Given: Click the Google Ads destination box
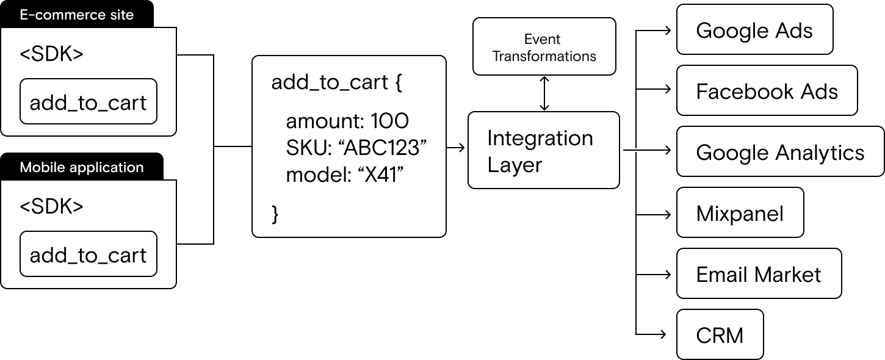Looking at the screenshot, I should click(754, 30).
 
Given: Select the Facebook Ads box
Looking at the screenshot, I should click(767, 91).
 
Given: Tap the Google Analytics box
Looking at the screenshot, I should click(780, 152).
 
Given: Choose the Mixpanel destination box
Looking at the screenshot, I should click(740, 213).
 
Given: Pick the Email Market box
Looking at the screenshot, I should click(759, 274).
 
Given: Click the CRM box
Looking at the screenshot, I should click(720, 335).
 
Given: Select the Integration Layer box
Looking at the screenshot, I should click(543, 150).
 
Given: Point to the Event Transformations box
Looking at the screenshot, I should click(544, 47).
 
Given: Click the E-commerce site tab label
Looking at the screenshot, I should click(77, 15).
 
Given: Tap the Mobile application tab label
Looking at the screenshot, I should click(82, 167).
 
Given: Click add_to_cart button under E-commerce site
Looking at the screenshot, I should click(88, 102).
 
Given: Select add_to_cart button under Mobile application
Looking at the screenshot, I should click(88, 254).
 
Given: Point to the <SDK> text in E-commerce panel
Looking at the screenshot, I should click(51, 54).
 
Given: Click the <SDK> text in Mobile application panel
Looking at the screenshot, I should click(51, 206).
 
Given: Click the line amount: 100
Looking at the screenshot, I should click(347, 121).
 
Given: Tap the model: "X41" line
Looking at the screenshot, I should click(346, 175).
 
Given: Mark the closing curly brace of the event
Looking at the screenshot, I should click(275, 214).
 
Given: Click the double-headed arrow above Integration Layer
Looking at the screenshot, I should click(544, 93).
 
